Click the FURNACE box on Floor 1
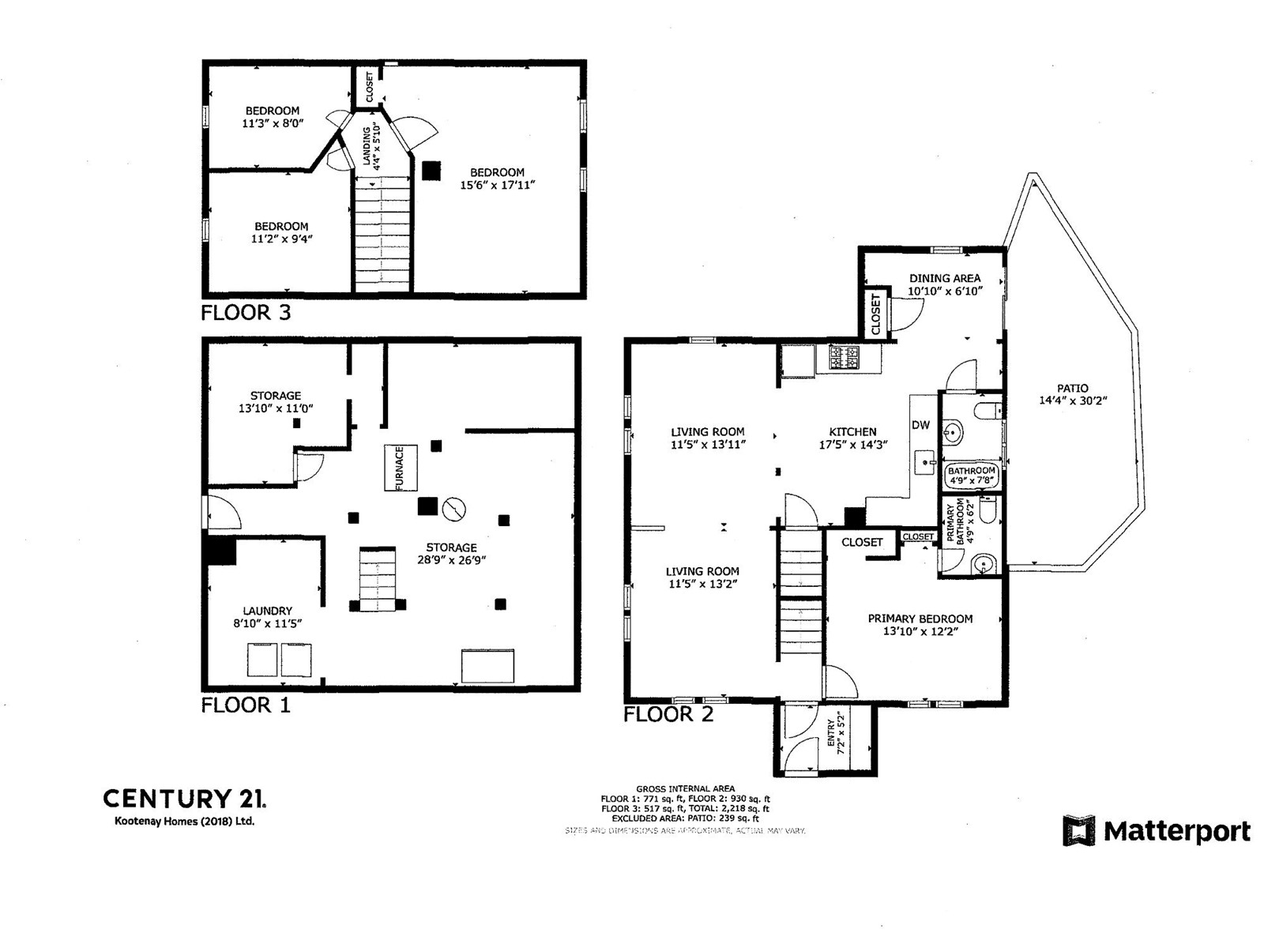401,468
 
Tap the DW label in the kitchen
921,425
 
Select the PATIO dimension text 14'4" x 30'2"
1073,401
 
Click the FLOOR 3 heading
246,313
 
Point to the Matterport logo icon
1078,831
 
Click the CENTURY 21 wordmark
184,799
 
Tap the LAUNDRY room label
267,611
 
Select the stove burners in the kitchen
844,358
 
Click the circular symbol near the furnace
454,510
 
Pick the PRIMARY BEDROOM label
920,619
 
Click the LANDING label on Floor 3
367,148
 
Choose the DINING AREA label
945,278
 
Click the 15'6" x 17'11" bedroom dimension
498,185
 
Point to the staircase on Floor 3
382,233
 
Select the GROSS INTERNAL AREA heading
685,788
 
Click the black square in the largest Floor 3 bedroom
431,171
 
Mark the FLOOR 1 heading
246,705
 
